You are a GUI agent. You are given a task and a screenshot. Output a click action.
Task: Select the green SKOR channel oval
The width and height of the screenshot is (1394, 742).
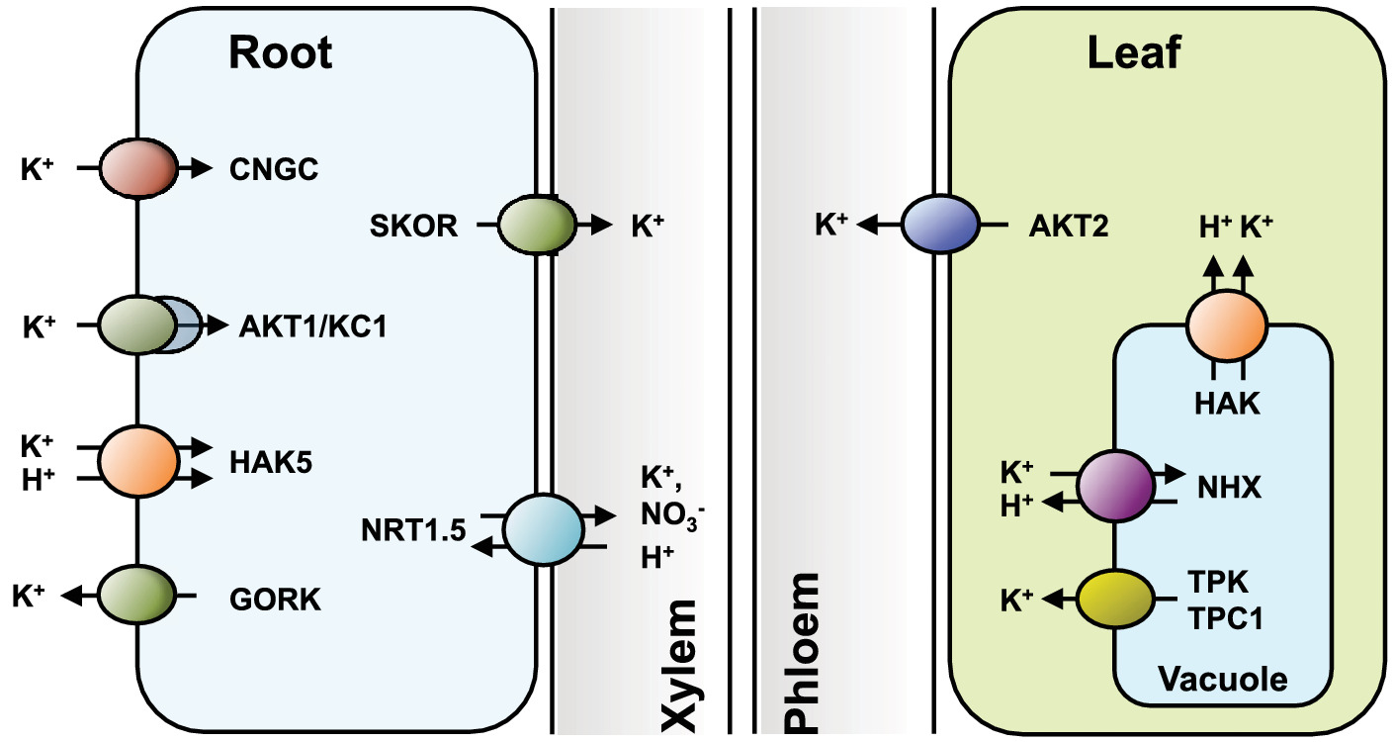537,226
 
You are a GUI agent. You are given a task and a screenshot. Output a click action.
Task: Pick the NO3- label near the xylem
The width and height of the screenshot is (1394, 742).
669,516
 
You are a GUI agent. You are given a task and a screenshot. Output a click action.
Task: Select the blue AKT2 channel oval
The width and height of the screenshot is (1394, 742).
939,226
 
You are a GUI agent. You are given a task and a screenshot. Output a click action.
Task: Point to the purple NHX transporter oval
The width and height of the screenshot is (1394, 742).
1114,487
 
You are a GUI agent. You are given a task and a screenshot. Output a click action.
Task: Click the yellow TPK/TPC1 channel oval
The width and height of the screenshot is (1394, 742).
1114,598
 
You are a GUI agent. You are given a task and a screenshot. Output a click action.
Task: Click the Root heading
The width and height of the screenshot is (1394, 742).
281,53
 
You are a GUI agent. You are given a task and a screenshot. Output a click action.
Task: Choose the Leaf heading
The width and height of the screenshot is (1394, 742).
1134,53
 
